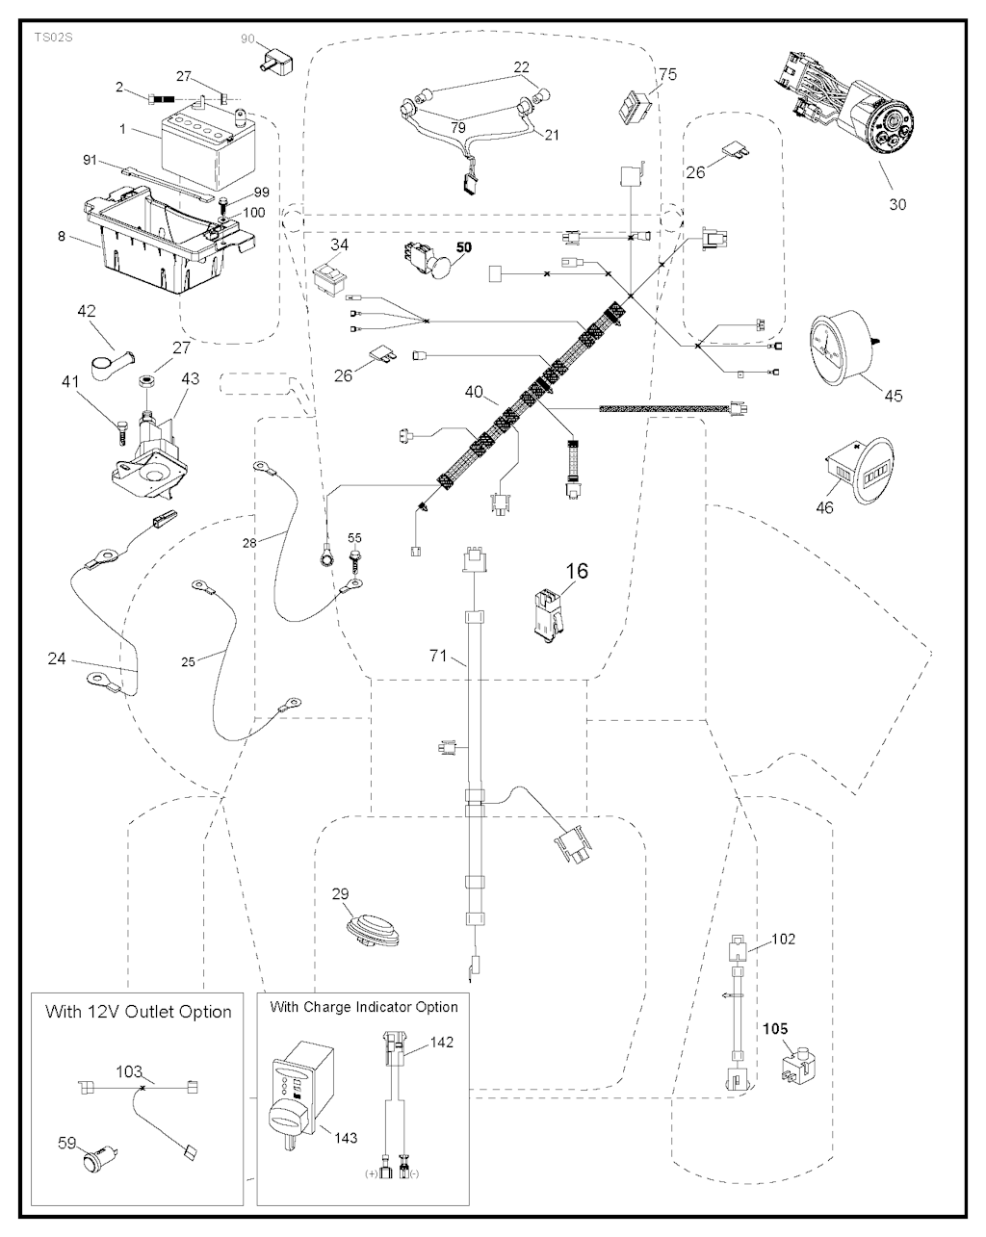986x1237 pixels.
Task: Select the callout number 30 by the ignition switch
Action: [x=896, y=204]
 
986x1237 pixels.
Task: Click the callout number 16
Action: [x=577, y=571]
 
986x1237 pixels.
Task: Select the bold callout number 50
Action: [x=463, y=247]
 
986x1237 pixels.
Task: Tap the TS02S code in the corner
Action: [x=54, y=38]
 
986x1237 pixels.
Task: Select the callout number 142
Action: [x=442, y=1043]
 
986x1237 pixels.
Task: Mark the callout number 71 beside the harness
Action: [x=438, y=656]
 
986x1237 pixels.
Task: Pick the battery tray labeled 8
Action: [x=169, y=238]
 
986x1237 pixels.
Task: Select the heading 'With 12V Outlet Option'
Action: [x=138, y=1013]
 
